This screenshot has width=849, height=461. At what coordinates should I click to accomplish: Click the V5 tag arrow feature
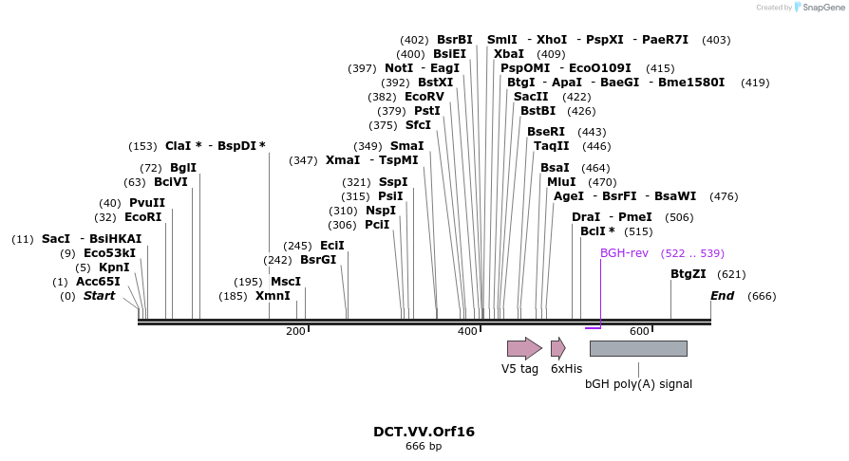point(523,348)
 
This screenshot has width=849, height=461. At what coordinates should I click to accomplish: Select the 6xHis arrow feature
point(558,348)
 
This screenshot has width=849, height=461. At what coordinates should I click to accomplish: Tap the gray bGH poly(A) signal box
point(638,348)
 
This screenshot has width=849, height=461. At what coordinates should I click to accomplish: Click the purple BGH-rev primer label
point(624,253)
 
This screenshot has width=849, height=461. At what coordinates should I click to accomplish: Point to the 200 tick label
point(295,331)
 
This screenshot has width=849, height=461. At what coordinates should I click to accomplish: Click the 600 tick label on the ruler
point(639,331)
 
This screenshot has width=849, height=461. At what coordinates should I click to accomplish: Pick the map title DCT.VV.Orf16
point(424,432)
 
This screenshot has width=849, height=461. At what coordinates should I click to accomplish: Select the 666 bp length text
point(424,446)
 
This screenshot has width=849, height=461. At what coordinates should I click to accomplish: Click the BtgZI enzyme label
point(689,274)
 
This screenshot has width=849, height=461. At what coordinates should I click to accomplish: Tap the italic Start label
point(99,296)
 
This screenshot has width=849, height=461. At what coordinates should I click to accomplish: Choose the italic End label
point(723,296)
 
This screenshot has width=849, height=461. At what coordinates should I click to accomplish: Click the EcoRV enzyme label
point(424,97)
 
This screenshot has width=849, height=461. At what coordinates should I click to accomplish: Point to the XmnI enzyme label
point(273,296)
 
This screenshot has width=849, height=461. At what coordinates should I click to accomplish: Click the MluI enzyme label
point(561,182)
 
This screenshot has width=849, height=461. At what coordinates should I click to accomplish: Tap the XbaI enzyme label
point(509,54)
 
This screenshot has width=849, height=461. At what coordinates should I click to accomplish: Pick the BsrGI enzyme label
point(318,260)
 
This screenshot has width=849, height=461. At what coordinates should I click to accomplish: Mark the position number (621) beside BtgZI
point(731,274)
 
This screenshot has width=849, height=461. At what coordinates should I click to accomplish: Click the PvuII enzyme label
point(147,203)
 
